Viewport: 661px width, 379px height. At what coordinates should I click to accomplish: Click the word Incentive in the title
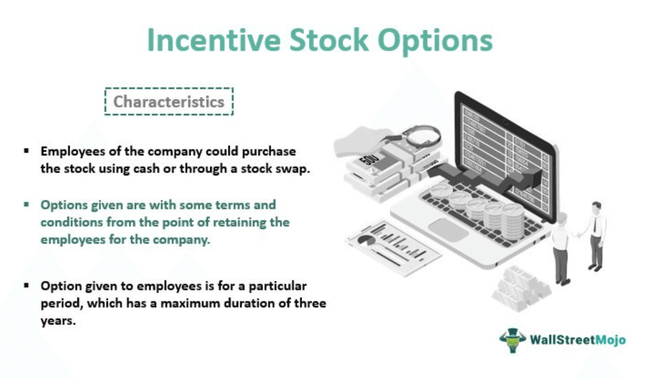point(214,40)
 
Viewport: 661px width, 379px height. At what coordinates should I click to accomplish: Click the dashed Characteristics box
point(169,101)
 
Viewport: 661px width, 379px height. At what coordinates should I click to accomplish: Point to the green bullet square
point(26,204)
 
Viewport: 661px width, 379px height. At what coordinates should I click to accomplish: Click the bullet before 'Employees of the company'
point(26,151)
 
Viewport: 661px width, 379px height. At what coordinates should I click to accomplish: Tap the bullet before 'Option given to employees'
point(26,286)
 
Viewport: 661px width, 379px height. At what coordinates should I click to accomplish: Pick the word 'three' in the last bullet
point(310,303)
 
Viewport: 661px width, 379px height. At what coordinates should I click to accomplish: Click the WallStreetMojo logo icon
point(513,340)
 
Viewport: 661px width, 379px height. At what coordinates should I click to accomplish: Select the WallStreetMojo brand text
point(577,340)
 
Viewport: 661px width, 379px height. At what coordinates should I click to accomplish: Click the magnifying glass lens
point(422,137)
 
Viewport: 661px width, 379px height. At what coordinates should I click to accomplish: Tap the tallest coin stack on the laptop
point(513,221)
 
